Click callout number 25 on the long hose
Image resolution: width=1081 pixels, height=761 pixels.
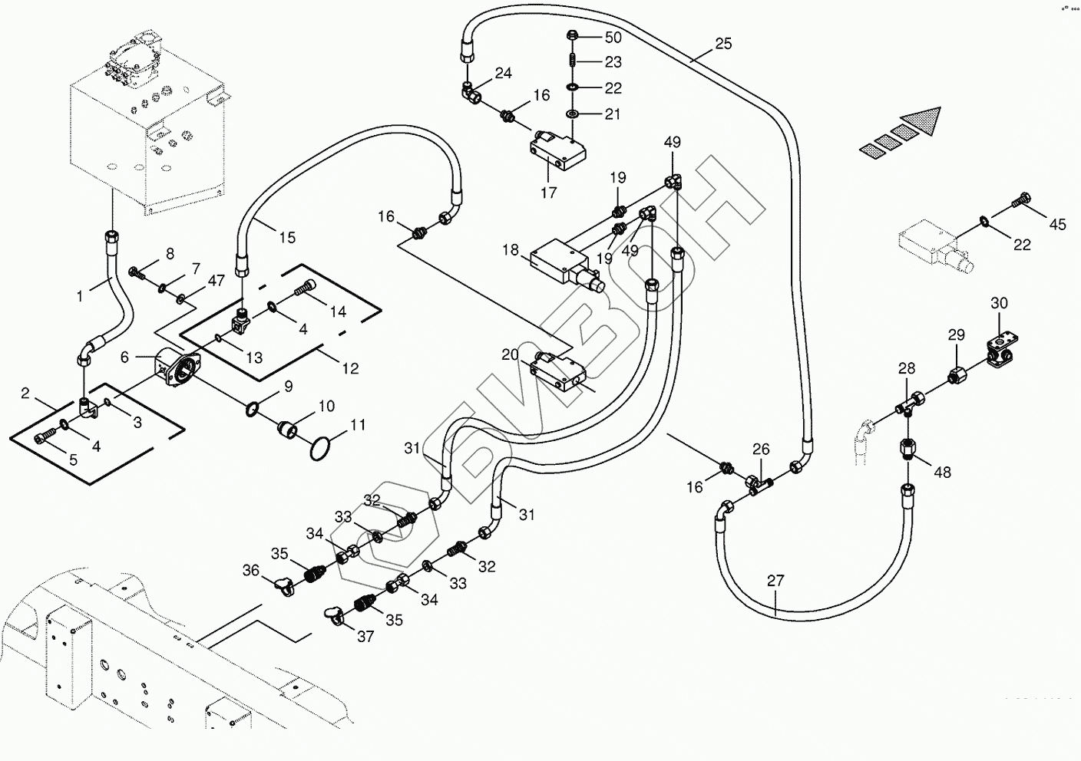pos(723,44)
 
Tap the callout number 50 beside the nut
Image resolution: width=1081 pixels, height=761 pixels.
pos(613,37)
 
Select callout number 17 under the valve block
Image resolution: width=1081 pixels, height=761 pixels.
pos(548,193)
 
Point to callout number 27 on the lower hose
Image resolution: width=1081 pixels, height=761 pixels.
pos(775,581)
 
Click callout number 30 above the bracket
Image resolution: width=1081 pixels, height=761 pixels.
pos(999,303)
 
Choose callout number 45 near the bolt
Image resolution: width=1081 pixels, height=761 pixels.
pos(1058,225)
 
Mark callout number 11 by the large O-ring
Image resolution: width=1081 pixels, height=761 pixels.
pos(358,424)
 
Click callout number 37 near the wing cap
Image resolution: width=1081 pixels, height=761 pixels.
pos(366,637)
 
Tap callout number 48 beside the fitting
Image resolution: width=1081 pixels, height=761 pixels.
pos(942,472)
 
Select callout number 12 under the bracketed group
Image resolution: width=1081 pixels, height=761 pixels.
pos(350,369)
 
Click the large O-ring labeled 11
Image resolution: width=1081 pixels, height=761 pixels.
pos(323,450)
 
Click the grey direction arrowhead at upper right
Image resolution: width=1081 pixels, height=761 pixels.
pos(922,121)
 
